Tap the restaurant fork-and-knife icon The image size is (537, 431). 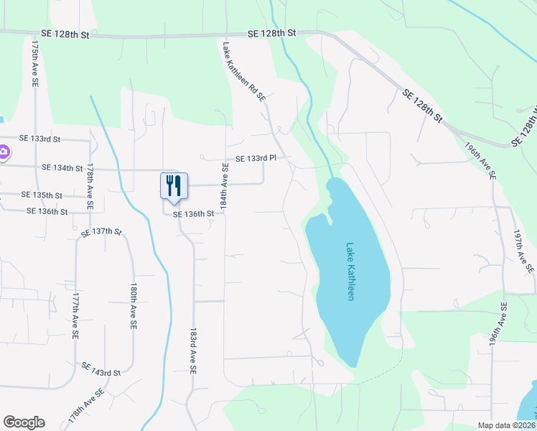pyautogui.click(x=173, y=186)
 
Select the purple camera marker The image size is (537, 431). pyautogui.click(x=3, y=152)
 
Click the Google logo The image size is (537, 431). pyautogui.click(x=24, y=422)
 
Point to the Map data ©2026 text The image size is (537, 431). pyautogui.click(x=506, y=425)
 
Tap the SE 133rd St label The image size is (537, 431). pyautogui.click(x=40, y=139)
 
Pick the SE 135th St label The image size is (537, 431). pyautogui.click(x=42, y=195)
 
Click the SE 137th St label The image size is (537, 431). pyautogui.click(x=102, y=232)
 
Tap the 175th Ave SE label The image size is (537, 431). pyautogui.click(x=34, y=63)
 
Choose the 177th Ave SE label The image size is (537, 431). pyautogui.click(x=75, y=315)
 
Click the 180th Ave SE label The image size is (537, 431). pyautogui.click(x=134, y=305)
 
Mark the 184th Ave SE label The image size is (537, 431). pyautogui.click(x=225, y=187)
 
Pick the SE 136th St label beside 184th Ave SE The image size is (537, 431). pyautogui.click(x=194, y=214)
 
